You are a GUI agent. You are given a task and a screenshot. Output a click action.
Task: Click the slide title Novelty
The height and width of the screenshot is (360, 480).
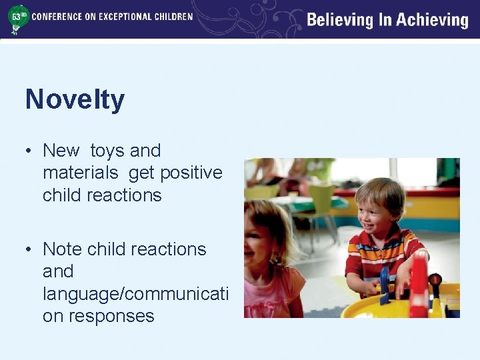point(75,100)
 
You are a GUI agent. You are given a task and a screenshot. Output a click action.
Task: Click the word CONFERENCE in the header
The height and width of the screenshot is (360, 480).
point(59,16)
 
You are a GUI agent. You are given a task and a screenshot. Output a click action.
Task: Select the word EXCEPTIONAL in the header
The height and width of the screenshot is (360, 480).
point(128,16)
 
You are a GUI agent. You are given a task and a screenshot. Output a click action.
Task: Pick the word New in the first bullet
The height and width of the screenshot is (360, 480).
point(61,151)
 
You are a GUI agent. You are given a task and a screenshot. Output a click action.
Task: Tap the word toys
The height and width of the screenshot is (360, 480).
point(107,151)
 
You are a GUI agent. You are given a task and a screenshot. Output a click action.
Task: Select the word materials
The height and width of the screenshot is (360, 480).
point(80,173)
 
